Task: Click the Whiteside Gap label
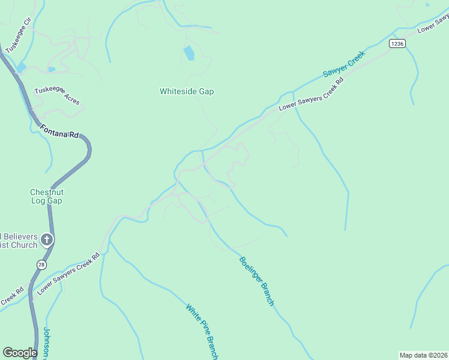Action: (187, 92)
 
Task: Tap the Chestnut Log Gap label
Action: (46, 196)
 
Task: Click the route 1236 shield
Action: (397, 44)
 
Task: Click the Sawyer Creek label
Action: (343, 64)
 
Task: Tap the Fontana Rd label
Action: (59, 130)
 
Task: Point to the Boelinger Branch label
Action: (256, 281)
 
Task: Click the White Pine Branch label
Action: (201, 331)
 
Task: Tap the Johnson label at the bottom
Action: (47, 343)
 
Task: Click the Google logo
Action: (20, 353)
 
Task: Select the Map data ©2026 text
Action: (424, 355)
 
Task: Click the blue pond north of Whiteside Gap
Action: (188, 53)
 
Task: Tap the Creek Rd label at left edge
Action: (11, 297)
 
